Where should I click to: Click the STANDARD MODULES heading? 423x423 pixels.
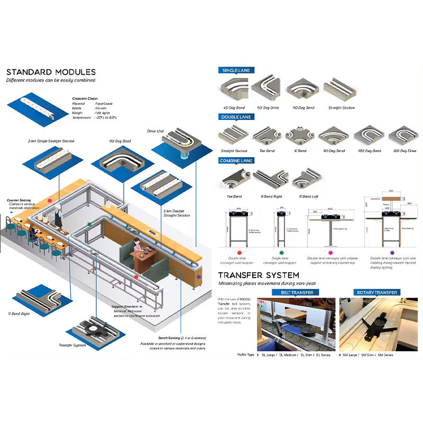point(51,72)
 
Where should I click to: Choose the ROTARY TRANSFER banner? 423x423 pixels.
point(377,292)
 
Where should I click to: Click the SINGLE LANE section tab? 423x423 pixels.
point(237,70)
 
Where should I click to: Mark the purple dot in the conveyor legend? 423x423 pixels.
point(392,253)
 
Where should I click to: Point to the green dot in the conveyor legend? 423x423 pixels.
point(282,253)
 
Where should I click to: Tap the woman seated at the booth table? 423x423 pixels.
point(137,247)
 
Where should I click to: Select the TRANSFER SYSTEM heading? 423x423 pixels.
point(259,275)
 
